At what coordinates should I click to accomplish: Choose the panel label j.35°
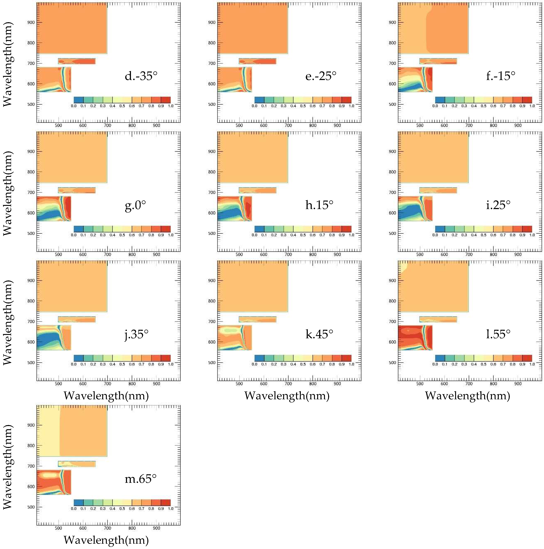137,334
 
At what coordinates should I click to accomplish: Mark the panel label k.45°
319,334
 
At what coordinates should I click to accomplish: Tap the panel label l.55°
498,334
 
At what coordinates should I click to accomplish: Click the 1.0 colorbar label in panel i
532,235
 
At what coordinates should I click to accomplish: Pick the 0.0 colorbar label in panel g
74,235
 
